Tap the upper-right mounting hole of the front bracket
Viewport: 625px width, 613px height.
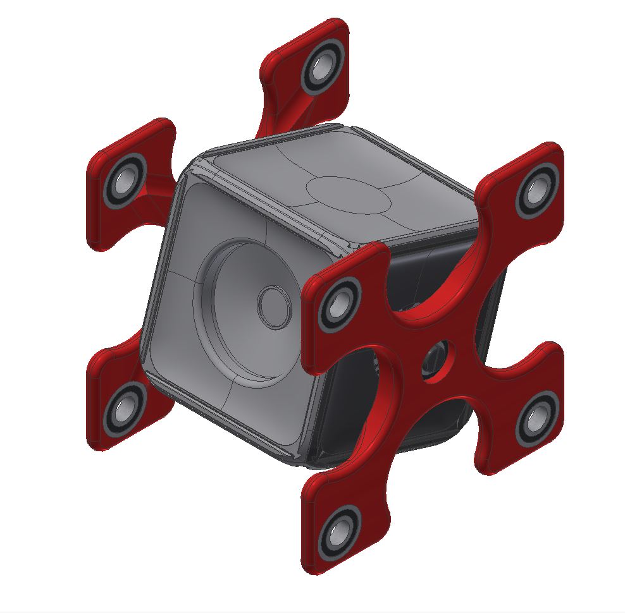pyautogui.click(x=536, y=188)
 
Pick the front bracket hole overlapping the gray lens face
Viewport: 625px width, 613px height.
pyautogui.click(x=338, y=301)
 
